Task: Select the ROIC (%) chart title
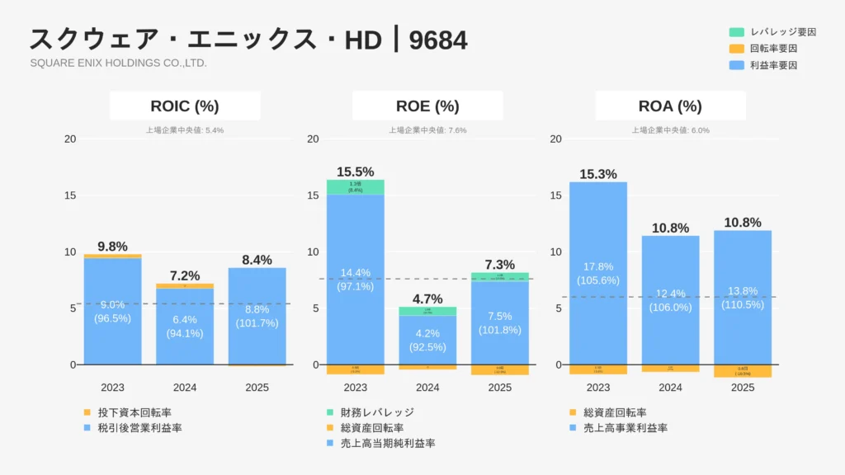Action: click(x=185, y=106)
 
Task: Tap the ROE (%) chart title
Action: click(x=427, y=106)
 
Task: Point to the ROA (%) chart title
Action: click(x=670, y=106)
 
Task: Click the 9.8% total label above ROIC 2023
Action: click(x=112, y=246)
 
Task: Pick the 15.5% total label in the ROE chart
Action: click(x=355, y=172)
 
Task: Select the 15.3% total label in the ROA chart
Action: click(x=598, y=174)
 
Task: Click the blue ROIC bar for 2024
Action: click(x=185, y=326)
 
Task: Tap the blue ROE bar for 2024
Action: click(x=427, y=339)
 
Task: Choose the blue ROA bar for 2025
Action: click(x=743, y=297)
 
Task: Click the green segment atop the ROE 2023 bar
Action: click(x=355, y=187)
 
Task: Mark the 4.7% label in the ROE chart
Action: click(x=427, y=299)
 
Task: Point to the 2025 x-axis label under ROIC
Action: click(x=257, y=387)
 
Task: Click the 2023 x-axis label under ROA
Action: click(x=598, y=387)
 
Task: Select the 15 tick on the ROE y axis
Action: click(x=314, y=195)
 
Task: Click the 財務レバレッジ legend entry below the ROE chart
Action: click(x=375, y=412)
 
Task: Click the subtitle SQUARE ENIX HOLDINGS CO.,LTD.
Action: click(x=118, y=63)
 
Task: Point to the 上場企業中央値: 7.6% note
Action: click(x=427, y=129)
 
